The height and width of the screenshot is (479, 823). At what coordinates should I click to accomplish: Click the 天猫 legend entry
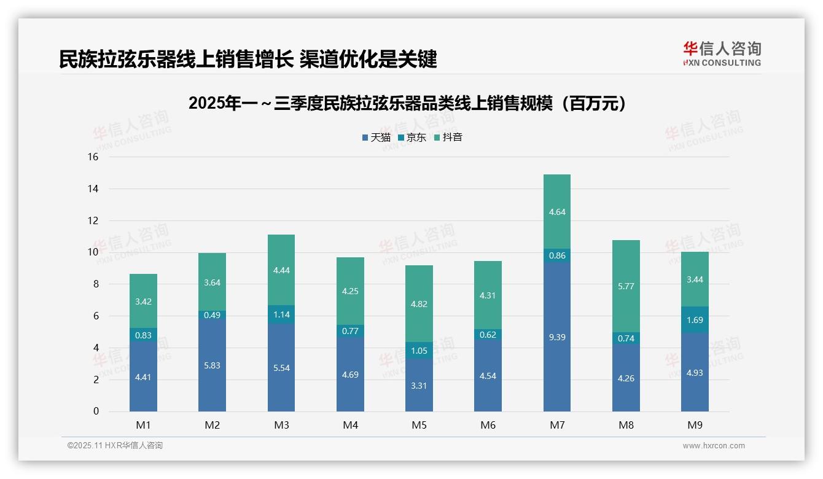click(x=376, y=138)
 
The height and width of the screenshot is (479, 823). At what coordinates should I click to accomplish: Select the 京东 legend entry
click(x=412, y=138)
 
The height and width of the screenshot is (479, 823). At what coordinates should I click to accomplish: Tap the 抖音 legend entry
click(x=448, y=138)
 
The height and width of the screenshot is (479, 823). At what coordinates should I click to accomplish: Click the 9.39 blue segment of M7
click(x=557, y=337)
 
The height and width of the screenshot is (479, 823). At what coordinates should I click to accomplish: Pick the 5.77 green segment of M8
click(x=626, y=286)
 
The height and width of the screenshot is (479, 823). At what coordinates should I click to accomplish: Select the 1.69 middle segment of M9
click(x=695, y=320)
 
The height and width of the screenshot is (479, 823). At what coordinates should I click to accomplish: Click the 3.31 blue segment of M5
click(x=419, y=385)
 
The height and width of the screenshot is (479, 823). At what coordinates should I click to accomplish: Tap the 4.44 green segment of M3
click(x=281, y=270)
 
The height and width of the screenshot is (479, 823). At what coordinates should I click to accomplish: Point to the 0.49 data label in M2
click(x=212, y=315)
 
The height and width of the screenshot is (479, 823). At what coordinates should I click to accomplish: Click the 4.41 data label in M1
click(x=143, y=377)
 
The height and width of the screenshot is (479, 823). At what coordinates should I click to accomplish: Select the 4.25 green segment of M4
click(x=350, y=291)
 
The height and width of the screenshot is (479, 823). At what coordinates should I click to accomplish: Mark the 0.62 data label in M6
click(x=488, y=335)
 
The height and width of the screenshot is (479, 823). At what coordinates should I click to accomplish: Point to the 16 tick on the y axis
click(x=93, y=157)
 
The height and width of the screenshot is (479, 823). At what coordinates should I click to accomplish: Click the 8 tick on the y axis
click(x=95, y=284)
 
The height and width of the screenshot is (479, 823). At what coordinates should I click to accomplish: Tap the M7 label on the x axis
click(x=557, y=425)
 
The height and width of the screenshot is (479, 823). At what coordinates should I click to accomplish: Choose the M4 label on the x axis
click(x=350, y=425)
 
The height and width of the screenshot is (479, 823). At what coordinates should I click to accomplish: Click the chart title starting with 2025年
click(x=411, y=103)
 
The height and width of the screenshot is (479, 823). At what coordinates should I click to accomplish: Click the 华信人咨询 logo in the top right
click(x=722, y=53)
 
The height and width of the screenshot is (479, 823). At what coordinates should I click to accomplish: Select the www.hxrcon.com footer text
click(x=714, y=446)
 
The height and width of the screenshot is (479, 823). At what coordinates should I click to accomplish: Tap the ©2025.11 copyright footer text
click(x=115, y=446)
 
